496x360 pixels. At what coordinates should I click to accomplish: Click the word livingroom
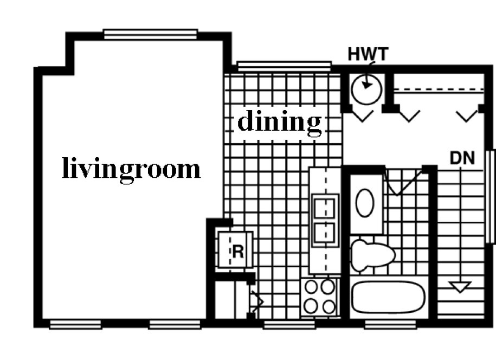pos(131,169)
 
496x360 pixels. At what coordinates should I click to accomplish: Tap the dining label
pos(280,121)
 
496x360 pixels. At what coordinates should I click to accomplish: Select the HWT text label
pos(368,54)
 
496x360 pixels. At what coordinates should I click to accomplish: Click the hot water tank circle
pos(366,88)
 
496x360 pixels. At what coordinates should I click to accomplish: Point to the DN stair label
pos(462,158)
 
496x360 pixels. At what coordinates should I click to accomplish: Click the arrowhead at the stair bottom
pos(460,287)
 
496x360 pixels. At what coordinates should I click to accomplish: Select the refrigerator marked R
pos(235,250)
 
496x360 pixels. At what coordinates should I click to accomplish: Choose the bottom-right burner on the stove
pos(328,306)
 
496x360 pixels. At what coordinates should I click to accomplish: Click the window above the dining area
pos(284,66)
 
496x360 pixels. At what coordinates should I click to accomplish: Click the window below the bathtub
pos(390,325)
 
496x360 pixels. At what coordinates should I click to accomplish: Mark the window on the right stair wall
pos(492,196)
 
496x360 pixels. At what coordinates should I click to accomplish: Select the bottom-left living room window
pos(75,325)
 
